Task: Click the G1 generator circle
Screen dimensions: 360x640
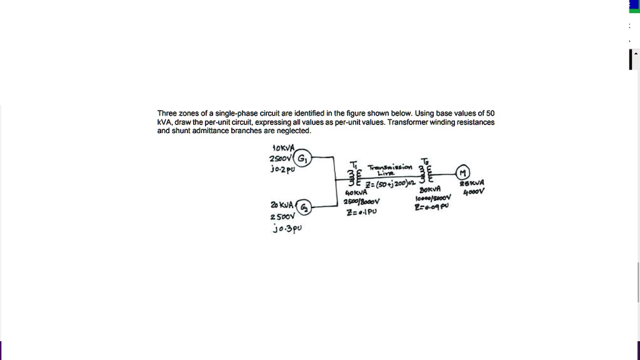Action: (x=302, y=158)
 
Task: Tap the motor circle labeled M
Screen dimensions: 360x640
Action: (x=463, y=173)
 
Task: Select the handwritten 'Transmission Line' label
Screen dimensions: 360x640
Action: (x=390, y=169)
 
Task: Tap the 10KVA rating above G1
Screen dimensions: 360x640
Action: (x=283, y=148)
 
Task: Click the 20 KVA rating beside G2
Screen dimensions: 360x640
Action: (x=282, y=205)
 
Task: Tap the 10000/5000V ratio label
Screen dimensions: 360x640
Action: (x=432, y=198)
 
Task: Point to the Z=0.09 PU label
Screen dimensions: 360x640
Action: (x=432, y=206)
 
